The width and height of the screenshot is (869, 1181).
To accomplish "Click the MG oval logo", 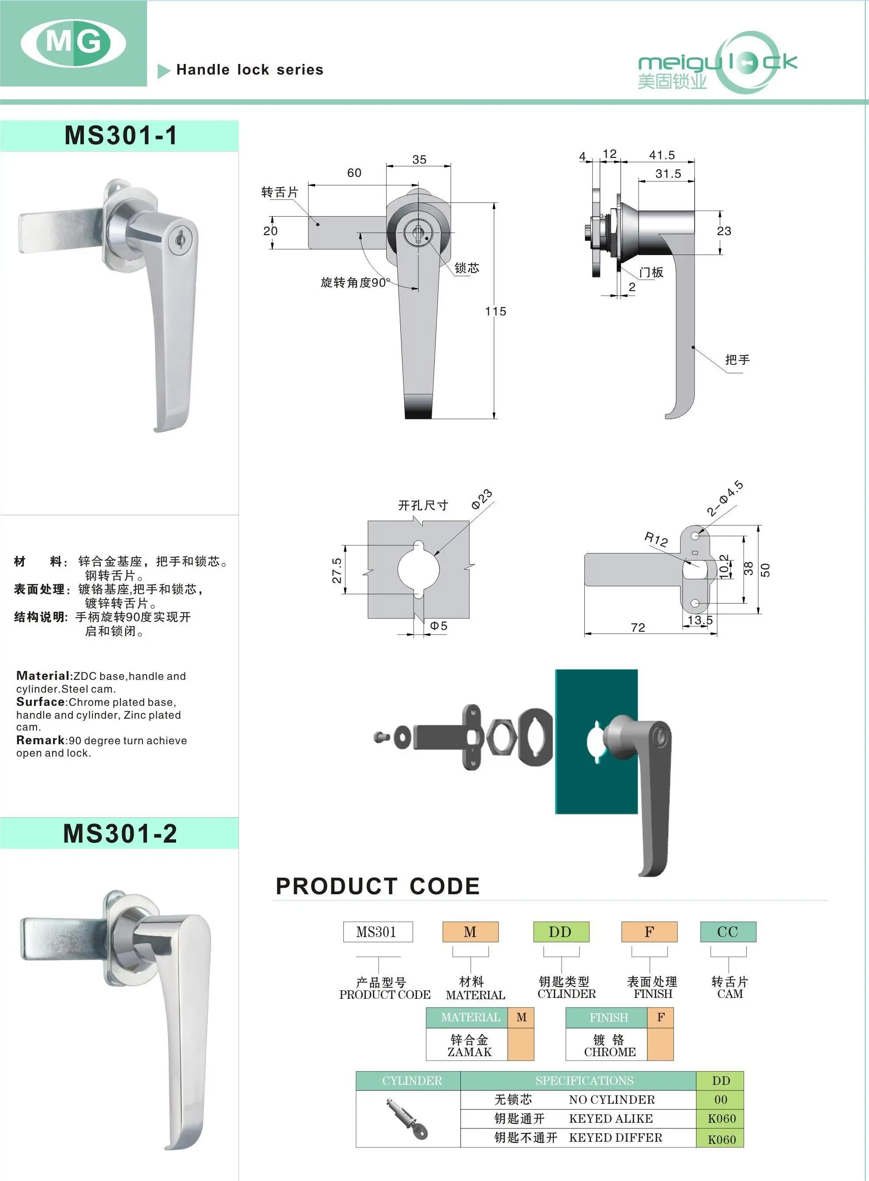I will tap(73, 43).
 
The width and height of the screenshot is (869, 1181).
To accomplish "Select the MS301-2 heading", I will tap(120, 833).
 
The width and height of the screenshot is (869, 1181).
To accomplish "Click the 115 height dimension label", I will tap(496, 311).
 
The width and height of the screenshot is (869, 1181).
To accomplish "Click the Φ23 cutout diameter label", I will tap(482, 499).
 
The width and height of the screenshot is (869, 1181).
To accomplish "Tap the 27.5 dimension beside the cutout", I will tap(337, 570).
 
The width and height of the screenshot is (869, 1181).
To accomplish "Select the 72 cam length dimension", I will tap(638, 627).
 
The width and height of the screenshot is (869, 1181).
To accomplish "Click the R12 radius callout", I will tap(656, 539).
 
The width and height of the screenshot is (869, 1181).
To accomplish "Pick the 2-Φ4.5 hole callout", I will tap(725, 498).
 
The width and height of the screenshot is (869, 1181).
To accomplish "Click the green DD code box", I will tap(561, 932).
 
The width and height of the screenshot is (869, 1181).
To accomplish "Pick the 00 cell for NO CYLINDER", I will tap(720, 1099).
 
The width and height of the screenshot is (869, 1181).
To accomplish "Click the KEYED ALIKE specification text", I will tap(611, 1118).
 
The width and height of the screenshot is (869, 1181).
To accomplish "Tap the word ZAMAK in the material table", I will tap(469, 1052).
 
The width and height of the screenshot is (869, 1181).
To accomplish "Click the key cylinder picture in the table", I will tap(408, 1118).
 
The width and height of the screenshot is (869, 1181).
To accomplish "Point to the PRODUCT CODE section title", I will tap(378, 886).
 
